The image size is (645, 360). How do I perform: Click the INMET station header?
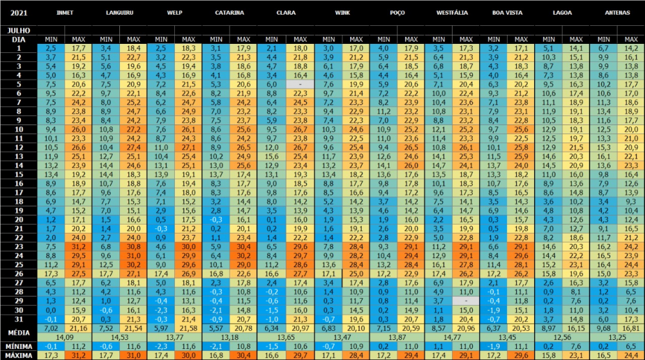(65, 12)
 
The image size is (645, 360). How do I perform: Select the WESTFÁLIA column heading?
(451, 12)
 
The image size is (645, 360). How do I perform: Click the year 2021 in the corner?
(19, 12)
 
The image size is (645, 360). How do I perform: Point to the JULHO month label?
(19, 30)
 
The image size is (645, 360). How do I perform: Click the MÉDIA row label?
(19, 332)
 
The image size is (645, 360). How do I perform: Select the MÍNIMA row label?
(19, 346)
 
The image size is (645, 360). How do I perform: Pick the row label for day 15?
(19, 174)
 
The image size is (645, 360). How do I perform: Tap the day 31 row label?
(19, 319)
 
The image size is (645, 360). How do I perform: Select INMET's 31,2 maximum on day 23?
(79, 246)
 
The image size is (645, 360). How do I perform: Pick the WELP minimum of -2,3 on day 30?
(161, 310)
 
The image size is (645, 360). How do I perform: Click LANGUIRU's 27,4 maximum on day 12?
(134, 147)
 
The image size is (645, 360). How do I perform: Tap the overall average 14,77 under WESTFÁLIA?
(451, 337)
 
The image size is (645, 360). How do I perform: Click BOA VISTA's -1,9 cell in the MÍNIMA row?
(493, 346)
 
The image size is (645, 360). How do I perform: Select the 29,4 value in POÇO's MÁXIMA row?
(410, 355)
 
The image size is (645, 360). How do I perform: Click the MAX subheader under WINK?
(355, 39)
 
